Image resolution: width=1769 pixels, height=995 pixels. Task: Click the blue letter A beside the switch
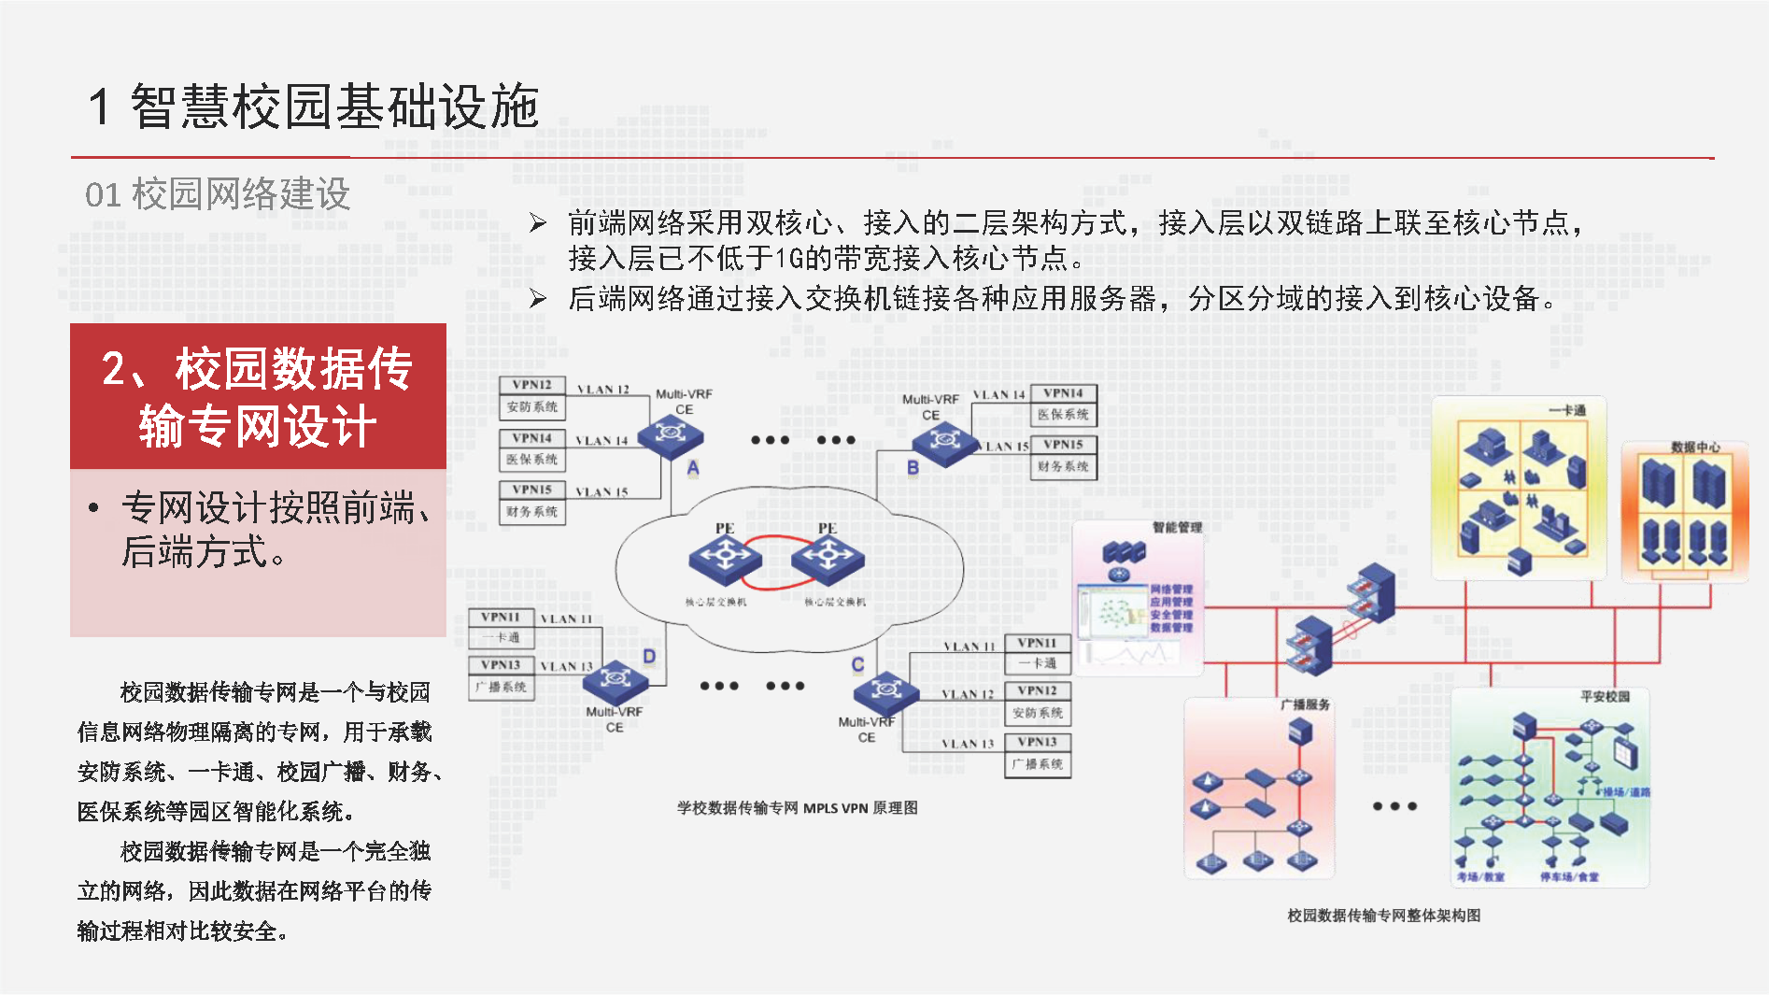[x=693, y=468]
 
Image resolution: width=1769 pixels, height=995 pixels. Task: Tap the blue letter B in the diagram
[x=913, y=467]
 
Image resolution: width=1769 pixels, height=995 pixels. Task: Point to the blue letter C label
[x=857, y=664]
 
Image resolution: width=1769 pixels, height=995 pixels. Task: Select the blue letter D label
[x=649, y=657]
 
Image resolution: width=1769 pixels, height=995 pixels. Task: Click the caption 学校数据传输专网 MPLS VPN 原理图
[x=797, y=808]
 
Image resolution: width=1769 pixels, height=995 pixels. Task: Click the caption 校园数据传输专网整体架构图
[x=1383, y=916]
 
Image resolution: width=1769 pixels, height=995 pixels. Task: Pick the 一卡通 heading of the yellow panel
[x=1566, y=410]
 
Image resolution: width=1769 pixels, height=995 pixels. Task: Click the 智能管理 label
[x=1177, y=528]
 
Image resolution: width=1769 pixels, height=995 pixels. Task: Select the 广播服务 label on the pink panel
[x=1305, y=704]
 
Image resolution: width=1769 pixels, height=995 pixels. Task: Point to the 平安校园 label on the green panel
[x=1605, y=696]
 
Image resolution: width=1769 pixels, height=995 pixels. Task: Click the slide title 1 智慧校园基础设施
[x=314, y=106]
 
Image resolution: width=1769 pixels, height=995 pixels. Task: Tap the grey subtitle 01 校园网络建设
[x=218, y=194]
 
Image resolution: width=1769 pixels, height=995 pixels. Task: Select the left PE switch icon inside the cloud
[x=725, y=559]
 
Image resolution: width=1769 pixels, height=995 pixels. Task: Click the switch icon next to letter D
[x=615, y=680]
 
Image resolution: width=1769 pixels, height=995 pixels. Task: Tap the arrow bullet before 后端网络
[x=537, y=298]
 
